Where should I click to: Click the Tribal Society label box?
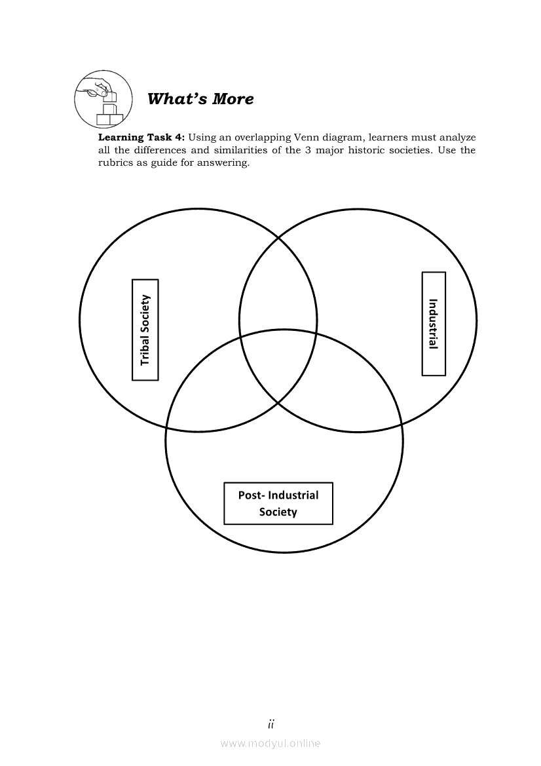(x=145, y=330)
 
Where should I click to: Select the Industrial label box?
(x=433, y=324)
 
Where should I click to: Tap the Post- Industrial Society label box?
(x=278, y=503)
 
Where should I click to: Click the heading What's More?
(x=200, y=99)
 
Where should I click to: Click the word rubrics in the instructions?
(x=117, y=163)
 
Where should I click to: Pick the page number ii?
(x=270, y=724)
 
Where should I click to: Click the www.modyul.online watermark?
(x=270, y=743)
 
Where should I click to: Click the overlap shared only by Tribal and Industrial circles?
(x=278, y=288)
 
